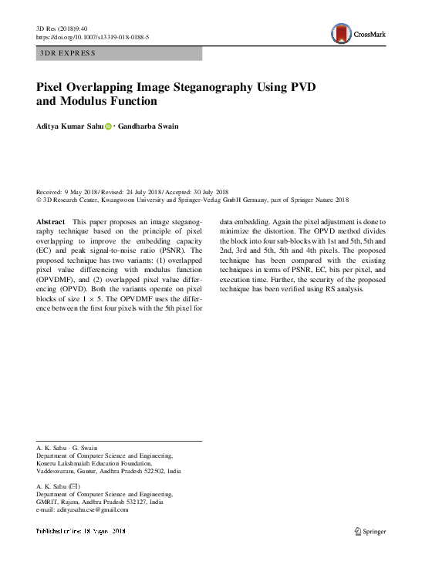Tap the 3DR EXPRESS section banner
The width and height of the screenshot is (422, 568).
point(66,53)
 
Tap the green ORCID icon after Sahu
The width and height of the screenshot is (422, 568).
point(107,125)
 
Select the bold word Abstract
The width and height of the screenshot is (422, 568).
point(51,221)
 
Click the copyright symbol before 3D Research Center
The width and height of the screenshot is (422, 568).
point(39,198)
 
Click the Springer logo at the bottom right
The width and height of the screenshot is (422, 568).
point(369,531)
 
